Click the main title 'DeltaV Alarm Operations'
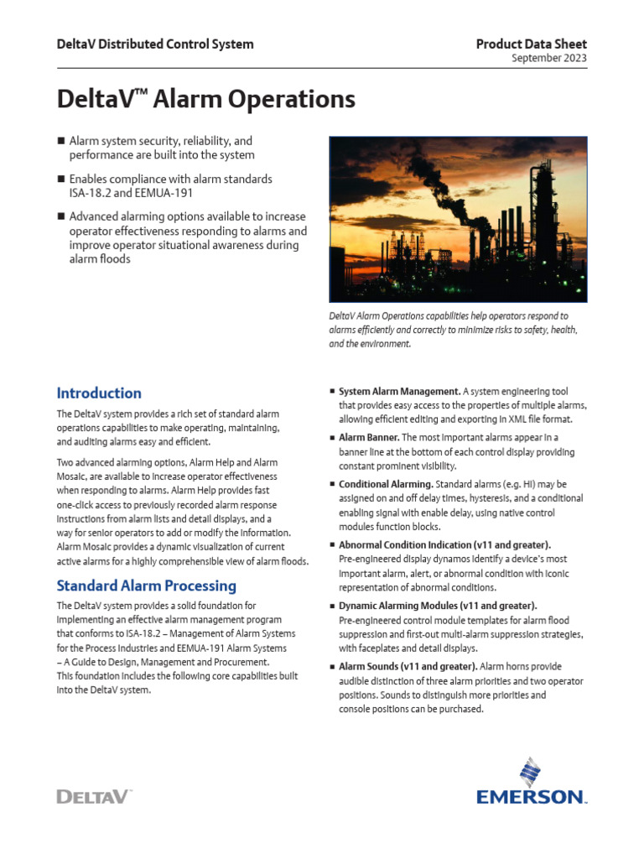pos(205,100)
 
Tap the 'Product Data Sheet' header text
pos(531,44)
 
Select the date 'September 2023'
pos(549,58)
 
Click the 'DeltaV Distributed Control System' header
pos(154,44)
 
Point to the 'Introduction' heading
pos(98,393)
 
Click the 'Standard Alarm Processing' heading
pos(146,586)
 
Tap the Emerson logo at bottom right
pos(532,785)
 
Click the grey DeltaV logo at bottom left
pos(94,796)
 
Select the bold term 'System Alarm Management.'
pos(399,391)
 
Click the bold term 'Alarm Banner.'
pos(368,438)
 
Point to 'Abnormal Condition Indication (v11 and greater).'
pos(444,544)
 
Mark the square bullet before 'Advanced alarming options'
pos(60,218)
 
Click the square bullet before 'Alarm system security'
pos(60,142)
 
